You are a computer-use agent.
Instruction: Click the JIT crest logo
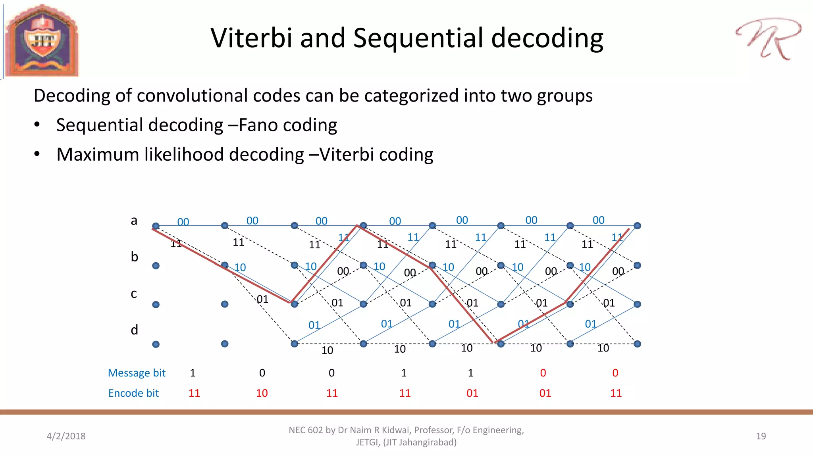click(42, 41)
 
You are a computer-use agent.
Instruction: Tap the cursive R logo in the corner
click(768, 39)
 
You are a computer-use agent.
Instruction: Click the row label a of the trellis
click(134, 221)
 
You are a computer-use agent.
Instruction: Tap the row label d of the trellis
click(135, 330)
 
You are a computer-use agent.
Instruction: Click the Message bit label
click(137, 373)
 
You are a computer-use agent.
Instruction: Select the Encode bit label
click(133, 393)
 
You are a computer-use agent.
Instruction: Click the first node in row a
click(156, 226)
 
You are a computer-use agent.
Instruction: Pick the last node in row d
click(637, 344)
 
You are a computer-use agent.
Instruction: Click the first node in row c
click(156, 305)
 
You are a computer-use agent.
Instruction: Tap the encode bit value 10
click(262, 393)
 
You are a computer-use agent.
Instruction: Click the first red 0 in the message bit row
click(543, 373)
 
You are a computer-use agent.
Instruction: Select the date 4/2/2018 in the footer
click(66, 436)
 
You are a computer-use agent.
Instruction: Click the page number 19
click(761, 436)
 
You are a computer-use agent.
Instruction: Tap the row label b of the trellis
click(135, 257)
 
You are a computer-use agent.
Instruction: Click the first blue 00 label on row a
click(183, 222)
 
